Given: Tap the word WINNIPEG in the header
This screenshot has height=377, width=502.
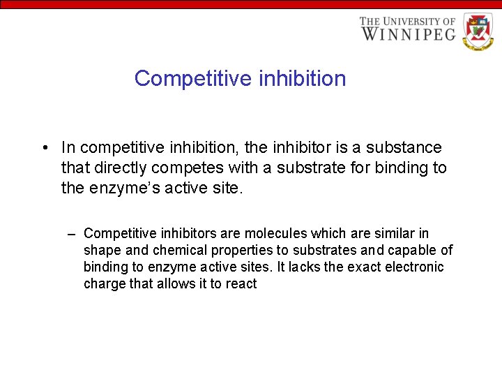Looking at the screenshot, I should click(x=408, y=34).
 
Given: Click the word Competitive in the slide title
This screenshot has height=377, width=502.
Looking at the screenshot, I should click(x=192, y=78).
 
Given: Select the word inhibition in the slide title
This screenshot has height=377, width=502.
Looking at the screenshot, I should click(x=302, y=78).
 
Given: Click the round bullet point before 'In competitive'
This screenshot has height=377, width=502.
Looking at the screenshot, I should click(x=44, y=148).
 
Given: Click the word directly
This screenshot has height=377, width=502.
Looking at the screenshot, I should click(x=120, y=168).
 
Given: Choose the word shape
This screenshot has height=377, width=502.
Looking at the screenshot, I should click(x=100, y=251).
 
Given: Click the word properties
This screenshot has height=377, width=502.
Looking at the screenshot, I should click(x=227, y=251).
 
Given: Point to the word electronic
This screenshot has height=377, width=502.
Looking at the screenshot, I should click(x=414, y=267).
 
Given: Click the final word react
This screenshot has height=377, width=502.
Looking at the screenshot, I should click(x=241, y=284).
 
